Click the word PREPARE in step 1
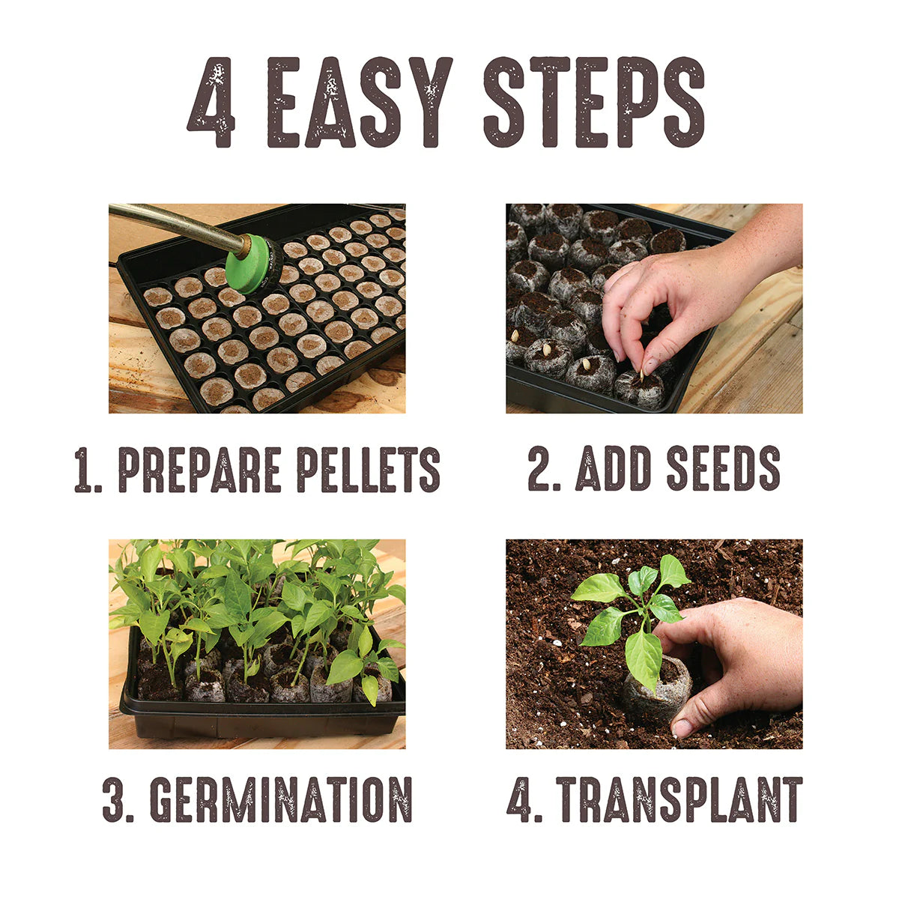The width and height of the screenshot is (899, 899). [199, 470]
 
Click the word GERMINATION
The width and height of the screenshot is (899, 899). [281, 799]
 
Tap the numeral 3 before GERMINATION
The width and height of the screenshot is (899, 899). [116, 799]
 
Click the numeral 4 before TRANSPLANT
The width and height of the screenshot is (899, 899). [521, 799]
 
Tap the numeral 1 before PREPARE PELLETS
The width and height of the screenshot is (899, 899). [85, 470]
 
